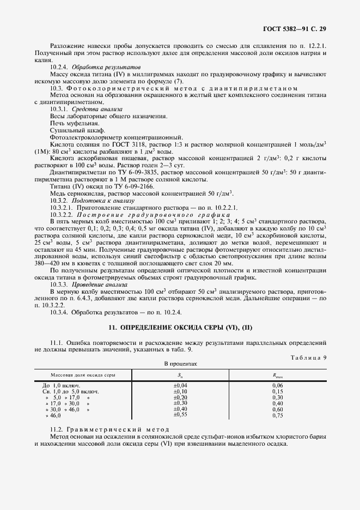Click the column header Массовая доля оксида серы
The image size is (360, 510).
83,375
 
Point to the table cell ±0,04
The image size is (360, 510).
180,385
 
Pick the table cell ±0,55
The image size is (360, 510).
180,415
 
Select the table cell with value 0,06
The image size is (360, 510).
278,385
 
